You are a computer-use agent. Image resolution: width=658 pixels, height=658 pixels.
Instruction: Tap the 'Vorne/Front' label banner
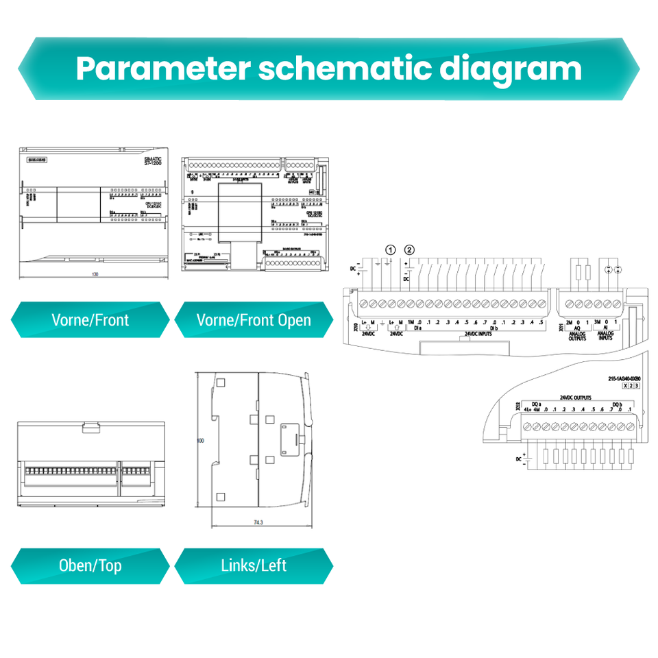tap(90, 320)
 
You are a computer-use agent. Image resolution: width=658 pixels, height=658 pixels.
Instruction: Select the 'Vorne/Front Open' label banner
tap(254, 320)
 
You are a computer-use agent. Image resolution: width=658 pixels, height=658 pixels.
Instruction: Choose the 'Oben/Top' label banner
tap(90, 566)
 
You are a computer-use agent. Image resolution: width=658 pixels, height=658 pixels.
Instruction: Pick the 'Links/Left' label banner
tap(254, 566)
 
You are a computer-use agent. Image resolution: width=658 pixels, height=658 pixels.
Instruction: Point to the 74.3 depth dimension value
tap(258, 522)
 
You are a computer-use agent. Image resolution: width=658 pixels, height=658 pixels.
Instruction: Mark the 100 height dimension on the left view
tap(201, 441)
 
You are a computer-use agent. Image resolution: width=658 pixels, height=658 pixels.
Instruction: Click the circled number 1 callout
tap(391, 249)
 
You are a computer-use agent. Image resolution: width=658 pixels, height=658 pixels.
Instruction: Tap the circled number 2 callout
tap(410, 249)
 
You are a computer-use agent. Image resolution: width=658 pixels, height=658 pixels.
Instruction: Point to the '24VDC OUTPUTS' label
tap(575, 398)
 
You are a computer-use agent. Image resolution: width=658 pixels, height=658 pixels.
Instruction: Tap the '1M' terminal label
tap(411, 322)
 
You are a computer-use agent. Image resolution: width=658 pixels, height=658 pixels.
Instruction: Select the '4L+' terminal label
tap(527, 410)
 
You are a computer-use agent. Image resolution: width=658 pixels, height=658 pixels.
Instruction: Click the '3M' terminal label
tap(597, 322)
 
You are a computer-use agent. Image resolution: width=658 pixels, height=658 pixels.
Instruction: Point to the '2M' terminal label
tap(569, 322)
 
